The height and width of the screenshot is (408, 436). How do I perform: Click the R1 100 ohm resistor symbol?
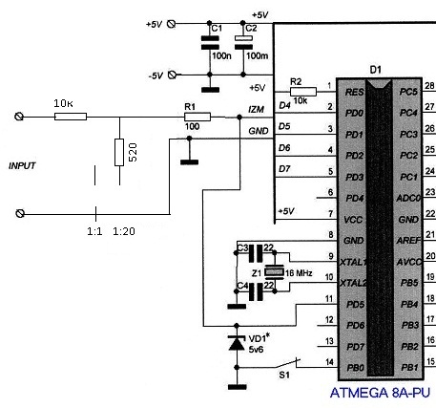197,117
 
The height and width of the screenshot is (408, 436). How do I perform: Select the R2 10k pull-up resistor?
303,92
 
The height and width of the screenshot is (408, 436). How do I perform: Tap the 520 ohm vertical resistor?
119,152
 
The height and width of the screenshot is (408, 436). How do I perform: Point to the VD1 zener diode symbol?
237,342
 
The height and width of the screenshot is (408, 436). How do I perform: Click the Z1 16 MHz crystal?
274,272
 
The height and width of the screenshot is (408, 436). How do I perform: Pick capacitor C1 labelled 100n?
210,43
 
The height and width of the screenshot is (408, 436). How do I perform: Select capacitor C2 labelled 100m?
243,43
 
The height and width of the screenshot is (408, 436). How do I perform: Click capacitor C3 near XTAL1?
256,253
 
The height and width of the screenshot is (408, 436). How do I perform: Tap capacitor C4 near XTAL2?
256,291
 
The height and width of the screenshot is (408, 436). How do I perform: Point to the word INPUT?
22,165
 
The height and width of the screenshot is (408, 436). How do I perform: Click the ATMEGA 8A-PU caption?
380,393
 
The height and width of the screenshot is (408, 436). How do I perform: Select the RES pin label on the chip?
354,92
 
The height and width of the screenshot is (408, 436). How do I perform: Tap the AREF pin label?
408,241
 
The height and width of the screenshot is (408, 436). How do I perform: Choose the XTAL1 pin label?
353,262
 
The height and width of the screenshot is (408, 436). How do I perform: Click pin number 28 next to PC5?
429,85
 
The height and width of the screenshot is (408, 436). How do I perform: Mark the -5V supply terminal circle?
172,75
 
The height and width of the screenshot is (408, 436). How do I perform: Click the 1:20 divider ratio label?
124,231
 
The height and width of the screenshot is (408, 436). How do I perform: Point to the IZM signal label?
256,110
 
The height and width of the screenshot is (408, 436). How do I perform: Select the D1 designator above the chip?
376,70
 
